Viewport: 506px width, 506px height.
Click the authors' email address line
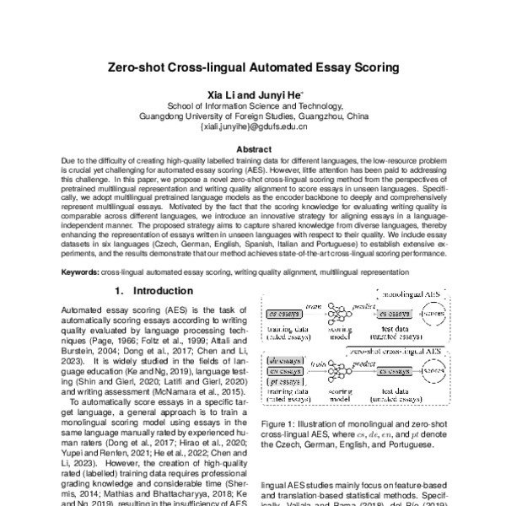(253, 128)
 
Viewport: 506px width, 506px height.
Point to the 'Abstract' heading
(253, 147)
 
